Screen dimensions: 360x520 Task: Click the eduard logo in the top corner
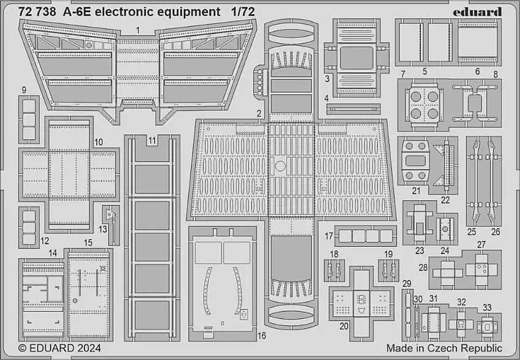(x=480, y=12)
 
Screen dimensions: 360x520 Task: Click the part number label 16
(x=262, y=336)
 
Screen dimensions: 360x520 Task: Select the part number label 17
(x=329, y=236)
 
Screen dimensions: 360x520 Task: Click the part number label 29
(x=406, y=282)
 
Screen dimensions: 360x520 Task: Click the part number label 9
(x=23, y=90)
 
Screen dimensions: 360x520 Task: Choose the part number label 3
(x=327, y=79)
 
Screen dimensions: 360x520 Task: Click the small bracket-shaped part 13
(x=110, y=219)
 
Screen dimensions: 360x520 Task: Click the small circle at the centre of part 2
(x=280, y=165)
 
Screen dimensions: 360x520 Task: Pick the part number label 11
(x=151, y=140)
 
